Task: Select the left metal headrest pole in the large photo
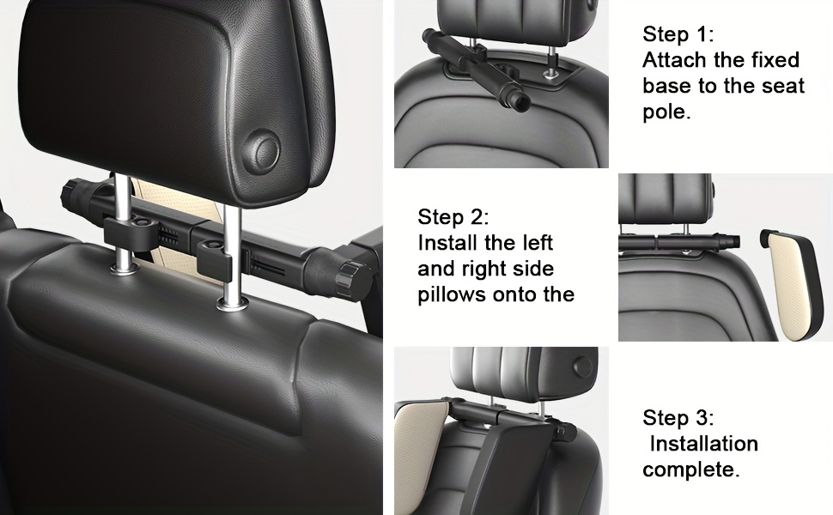(x=123, y=222)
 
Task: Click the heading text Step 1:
(x=678, y=34)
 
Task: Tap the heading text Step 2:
(x=453, y=216)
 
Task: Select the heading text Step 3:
(x=678, y=417)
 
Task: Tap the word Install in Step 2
(x=447, y=243)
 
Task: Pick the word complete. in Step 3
(x=691, y=470)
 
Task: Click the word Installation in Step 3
(x=704, y=443)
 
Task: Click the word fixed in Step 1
(x=775, y=60)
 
